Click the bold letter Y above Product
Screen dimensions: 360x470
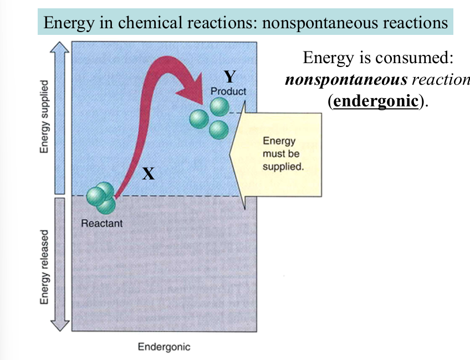229,76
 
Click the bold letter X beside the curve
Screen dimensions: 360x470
148,174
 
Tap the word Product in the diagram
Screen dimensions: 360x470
228,91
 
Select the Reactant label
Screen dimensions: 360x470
101,224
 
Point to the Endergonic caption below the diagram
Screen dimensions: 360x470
164,347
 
